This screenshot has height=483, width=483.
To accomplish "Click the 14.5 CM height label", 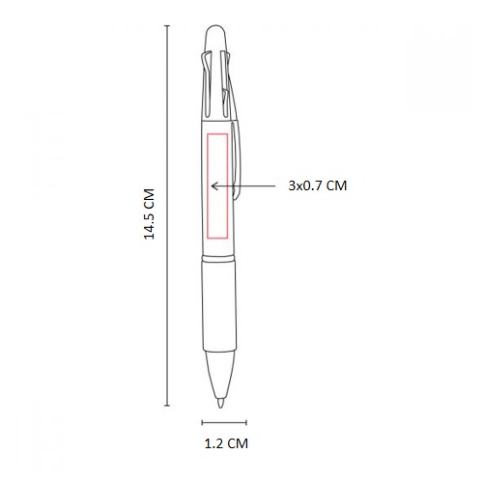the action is coord(149,213).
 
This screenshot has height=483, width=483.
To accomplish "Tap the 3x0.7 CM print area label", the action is coord(318,185).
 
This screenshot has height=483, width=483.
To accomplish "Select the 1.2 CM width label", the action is coord(226,443).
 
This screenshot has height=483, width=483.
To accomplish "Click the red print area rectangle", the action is coord(208,186).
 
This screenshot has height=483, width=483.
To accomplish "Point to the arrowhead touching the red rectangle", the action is coord(213,185).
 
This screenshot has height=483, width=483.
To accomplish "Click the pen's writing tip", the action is coord(220,403).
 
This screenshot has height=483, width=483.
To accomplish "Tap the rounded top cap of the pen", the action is coord(216,38).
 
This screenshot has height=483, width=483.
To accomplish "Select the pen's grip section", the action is coord(219,306).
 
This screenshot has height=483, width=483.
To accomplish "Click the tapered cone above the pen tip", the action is coord(219,375).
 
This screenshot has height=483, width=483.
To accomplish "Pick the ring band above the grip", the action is coord(218,258).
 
